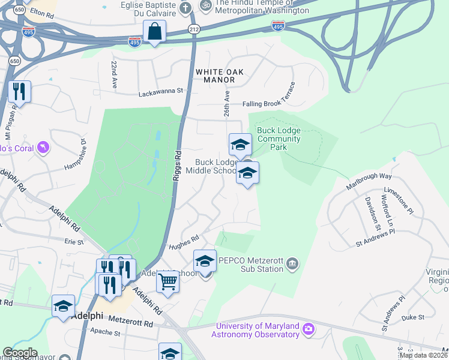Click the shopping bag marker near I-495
pos(154,31)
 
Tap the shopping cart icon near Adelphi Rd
pos(167,281)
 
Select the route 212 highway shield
pos(194,29)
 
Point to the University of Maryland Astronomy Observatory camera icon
pos(309,329)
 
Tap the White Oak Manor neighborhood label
pos(220,76)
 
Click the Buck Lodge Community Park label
pos(279,139)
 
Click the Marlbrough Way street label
pos(369,182)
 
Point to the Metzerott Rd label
pos(131,323)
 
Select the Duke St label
pos(412,317)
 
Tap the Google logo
pos(20,353)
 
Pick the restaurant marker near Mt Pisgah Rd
pos(19,91)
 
